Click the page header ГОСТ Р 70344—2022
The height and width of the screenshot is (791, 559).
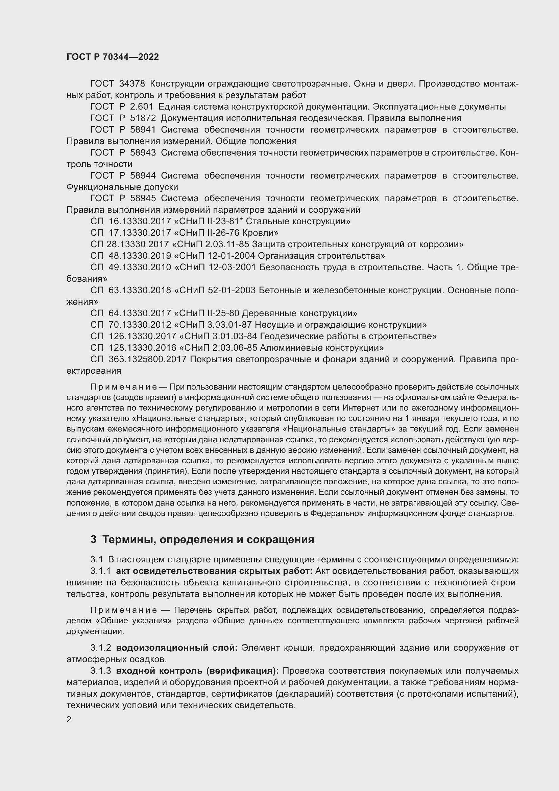pos(113,57)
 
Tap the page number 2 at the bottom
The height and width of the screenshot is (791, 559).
pos(69,720)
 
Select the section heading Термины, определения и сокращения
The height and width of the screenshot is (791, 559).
pos(208,539)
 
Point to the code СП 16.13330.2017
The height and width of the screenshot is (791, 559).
pos(131,221)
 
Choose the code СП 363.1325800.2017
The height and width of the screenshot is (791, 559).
pos(138,359)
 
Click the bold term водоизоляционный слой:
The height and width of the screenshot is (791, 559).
pos(177,648)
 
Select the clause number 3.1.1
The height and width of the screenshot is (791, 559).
pos(100,571)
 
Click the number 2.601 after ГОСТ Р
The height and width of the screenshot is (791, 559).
pos(142,107)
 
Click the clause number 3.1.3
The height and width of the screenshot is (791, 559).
pos(100,671)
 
